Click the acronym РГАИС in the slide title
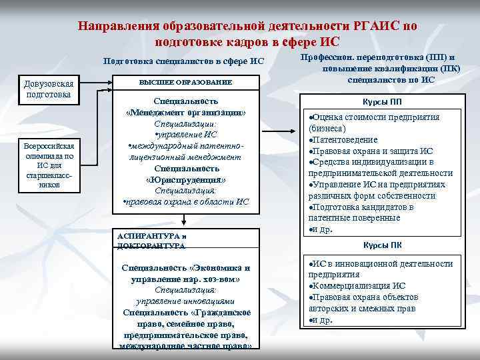coord(375,26)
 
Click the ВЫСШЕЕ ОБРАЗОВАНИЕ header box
coord(185,81)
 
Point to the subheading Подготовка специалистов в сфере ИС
coord(183,61)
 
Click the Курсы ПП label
coord(382,102)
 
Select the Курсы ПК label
coord(382,244)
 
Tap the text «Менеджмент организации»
coord(185,113)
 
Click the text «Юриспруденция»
coord(185,179)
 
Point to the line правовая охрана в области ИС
coord(186,201)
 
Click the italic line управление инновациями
coord(186,301)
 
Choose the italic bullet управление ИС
coord(186,135)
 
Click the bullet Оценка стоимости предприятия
coord(375,117)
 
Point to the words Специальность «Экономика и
coord(186,267)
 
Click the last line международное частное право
coord(186,346)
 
